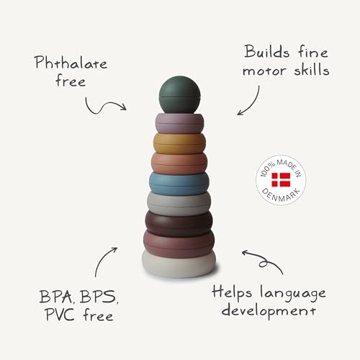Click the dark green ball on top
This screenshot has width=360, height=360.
179,94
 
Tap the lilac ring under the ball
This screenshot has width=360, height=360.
179,124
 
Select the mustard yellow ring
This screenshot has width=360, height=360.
179,143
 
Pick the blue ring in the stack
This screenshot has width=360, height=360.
179,184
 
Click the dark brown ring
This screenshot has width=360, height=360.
179,223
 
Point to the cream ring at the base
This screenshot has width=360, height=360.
179,265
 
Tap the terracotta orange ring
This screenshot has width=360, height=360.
179,163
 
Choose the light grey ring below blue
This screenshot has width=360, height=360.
179,204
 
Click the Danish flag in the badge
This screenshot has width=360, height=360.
281,180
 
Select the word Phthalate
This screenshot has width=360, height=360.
71,63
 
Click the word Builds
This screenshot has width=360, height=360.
267,51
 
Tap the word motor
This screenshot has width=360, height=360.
264,70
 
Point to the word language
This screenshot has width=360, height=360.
293,294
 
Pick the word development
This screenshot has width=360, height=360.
269,312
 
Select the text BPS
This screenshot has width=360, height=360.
98,297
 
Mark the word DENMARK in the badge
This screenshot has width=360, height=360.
281,195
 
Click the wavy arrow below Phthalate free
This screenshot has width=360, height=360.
104,106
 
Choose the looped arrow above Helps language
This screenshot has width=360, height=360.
263,261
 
